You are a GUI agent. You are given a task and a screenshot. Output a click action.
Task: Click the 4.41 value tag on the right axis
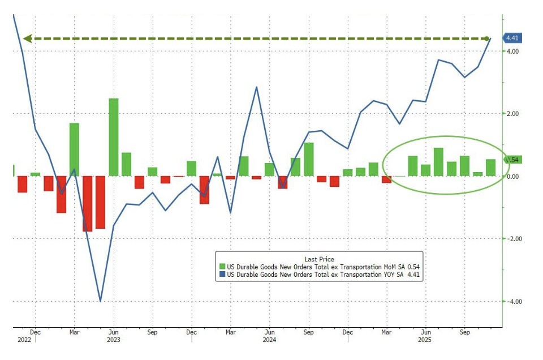point(512,38)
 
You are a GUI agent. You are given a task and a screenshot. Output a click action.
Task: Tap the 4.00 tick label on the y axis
point(512,52)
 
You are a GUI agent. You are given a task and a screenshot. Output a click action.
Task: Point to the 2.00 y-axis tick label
point(512,114)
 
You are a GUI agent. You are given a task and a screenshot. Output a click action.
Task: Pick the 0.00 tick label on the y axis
point(512,177)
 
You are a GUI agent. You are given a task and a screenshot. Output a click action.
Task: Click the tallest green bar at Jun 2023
point(114,137)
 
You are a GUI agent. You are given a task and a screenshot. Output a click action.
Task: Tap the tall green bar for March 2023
point(74,149)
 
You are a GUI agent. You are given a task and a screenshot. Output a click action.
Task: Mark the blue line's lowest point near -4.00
point(101,301)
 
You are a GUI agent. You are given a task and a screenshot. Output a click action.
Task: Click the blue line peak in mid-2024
point(257,87)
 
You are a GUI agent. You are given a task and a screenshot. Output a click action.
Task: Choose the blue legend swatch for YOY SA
point(223,275)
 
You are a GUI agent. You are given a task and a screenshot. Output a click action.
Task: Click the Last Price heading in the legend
point(319,259)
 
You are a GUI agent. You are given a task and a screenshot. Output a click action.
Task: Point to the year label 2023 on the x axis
point(113,340)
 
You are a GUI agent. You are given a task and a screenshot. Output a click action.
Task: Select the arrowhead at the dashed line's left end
point(27,38)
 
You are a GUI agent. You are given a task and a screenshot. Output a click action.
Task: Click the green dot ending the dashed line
point(488,38)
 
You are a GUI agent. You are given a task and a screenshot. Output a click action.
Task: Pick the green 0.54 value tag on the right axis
point(512,160)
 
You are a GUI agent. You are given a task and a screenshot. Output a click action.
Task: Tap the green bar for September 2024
point(309,159)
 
